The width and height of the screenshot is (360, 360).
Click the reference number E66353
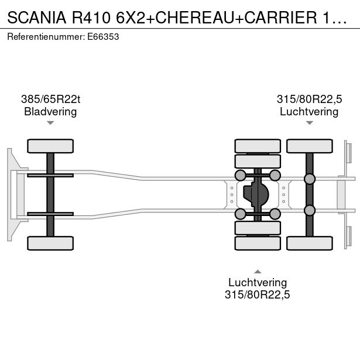103,37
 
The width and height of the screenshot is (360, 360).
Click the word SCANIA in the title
37,18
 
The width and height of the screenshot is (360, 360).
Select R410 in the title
91,18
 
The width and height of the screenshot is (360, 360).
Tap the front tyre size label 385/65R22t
50,99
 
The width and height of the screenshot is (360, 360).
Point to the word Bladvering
50,112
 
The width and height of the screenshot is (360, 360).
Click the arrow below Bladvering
50,123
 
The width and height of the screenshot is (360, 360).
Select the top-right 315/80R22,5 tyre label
309,99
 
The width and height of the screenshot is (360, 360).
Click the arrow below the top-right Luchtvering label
310,123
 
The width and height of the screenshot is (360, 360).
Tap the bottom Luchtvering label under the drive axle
258,282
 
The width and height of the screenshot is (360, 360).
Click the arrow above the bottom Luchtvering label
258,272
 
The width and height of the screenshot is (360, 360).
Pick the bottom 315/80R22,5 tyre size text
258,294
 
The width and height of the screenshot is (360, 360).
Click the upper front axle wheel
50,146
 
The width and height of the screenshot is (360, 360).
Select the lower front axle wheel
50,243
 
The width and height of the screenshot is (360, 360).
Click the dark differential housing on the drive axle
256,194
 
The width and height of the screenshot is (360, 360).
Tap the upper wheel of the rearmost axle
310,146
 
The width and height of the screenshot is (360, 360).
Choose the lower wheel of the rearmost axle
310,243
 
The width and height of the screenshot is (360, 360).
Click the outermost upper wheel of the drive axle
258,146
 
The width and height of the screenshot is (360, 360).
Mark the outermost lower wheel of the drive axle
258,243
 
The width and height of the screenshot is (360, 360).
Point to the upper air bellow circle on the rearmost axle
310,179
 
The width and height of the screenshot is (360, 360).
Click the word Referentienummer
46,37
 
